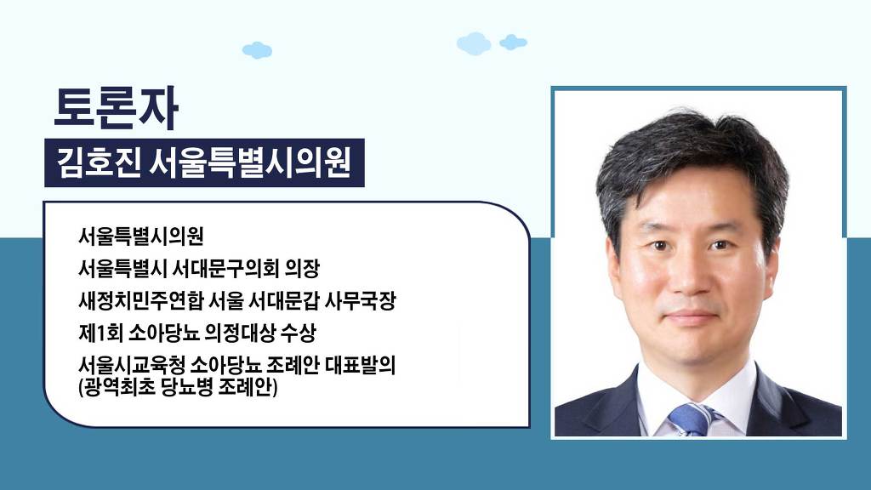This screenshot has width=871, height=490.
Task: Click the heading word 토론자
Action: pyautogui.click(x=116, y=108)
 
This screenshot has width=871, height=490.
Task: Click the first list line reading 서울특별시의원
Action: pyautogui.click(x=141, y=236)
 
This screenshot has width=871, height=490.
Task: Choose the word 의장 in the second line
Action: pyautogui.click(x=302, y=269)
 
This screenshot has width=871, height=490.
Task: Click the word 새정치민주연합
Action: pyautogui.click(x=140, y=301)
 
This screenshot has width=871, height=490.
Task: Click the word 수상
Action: pyautogui.click(x=299, y=333)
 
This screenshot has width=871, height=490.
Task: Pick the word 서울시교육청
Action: pyautogui.click(x=131, y=365)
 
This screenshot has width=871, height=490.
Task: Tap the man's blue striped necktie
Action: pyautogui.click(x=692, y=419)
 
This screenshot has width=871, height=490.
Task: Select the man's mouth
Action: pyautogui.click(x=692, y=318)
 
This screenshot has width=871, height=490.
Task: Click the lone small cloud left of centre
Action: pyautogui.click(x=257, y=50)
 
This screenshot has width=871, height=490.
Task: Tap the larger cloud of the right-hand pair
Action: pyautogui.click(x=474, y=43)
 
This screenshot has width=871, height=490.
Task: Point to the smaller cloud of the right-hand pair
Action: pyautogui.click(x=513, y=43)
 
